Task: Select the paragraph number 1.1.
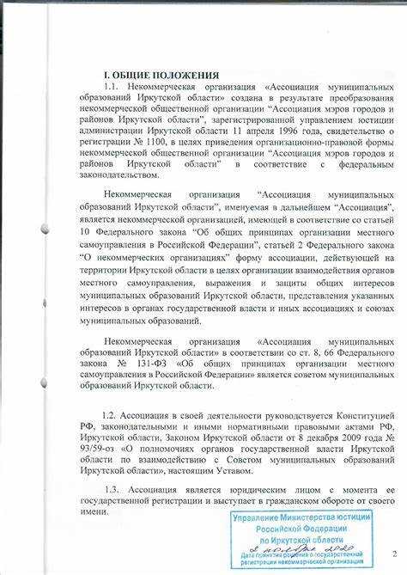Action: point(111,88)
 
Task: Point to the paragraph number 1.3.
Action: point(112,487)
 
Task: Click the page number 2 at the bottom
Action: point(392,554)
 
